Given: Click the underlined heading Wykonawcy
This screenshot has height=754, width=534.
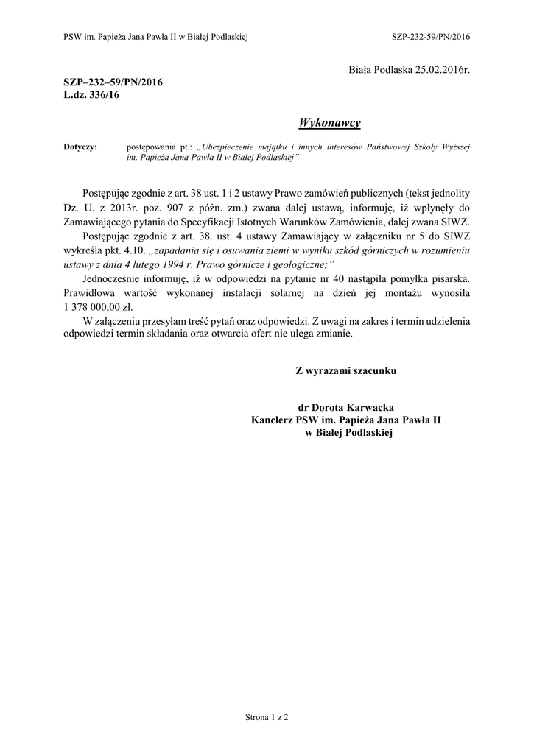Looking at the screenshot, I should (329, 121).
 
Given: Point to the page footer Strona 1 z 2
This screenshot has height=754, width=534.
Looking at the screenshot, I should (267, 716).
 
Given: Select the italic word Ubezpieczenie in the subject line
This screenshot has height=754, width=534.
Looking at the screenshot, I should (233, 147).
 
